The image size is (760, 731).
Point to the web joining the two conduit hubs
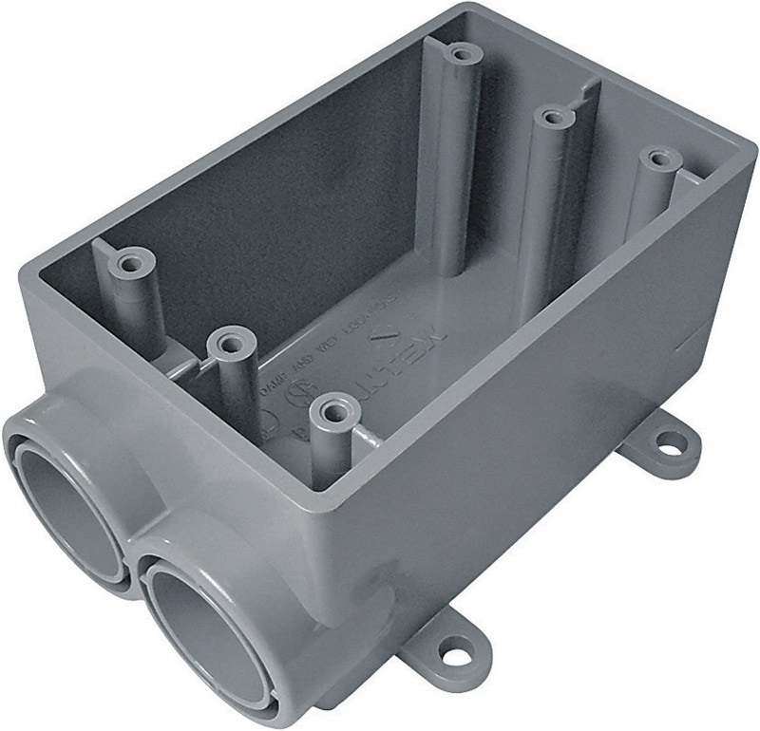(x=133, y=551)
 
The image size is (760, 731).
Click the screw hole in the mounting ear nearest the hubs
(x=444, y=656)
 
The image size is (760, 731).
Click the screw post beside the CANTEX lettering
(x=332, y=412)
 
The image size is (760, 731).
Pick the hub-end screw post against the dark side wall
(x=131, y=261)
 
